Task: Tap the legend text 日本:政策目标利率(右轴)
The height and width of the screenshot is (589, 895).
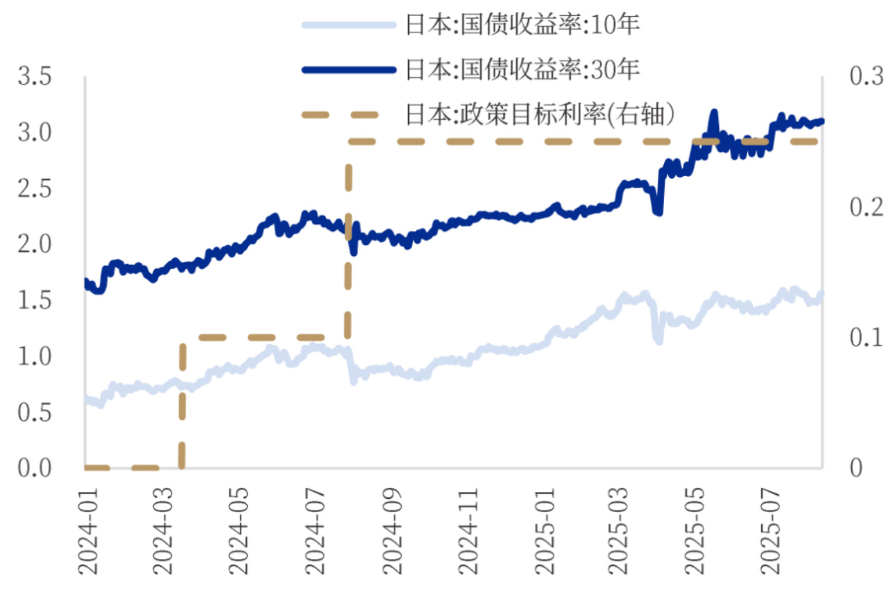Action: click(x=540, y=113)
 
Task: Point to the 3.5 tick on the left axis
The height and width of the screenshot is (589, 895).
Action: click(x=35, y=76)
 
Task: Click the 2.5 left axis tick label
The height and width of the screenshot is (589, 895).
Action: click(x=35, y=189)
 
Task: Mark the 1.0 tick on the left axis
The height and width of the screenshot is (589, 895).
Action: click(x=35, y=357)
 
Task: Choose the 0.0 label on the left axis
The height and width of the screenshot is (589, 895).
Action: click(x=35, y=468)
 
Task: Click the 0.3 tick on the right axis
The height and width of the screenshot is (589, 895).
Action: click(x=867, y=76)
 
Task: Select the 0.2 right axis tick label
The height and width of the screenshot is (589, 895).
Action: click(x=867, y=207)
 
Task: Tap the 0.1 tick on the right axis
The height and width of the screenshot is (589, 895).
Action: click(x=867, y=338)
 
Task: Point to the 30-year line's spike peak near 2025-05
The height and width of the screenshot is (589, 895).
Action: click(x=713, y=112)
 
